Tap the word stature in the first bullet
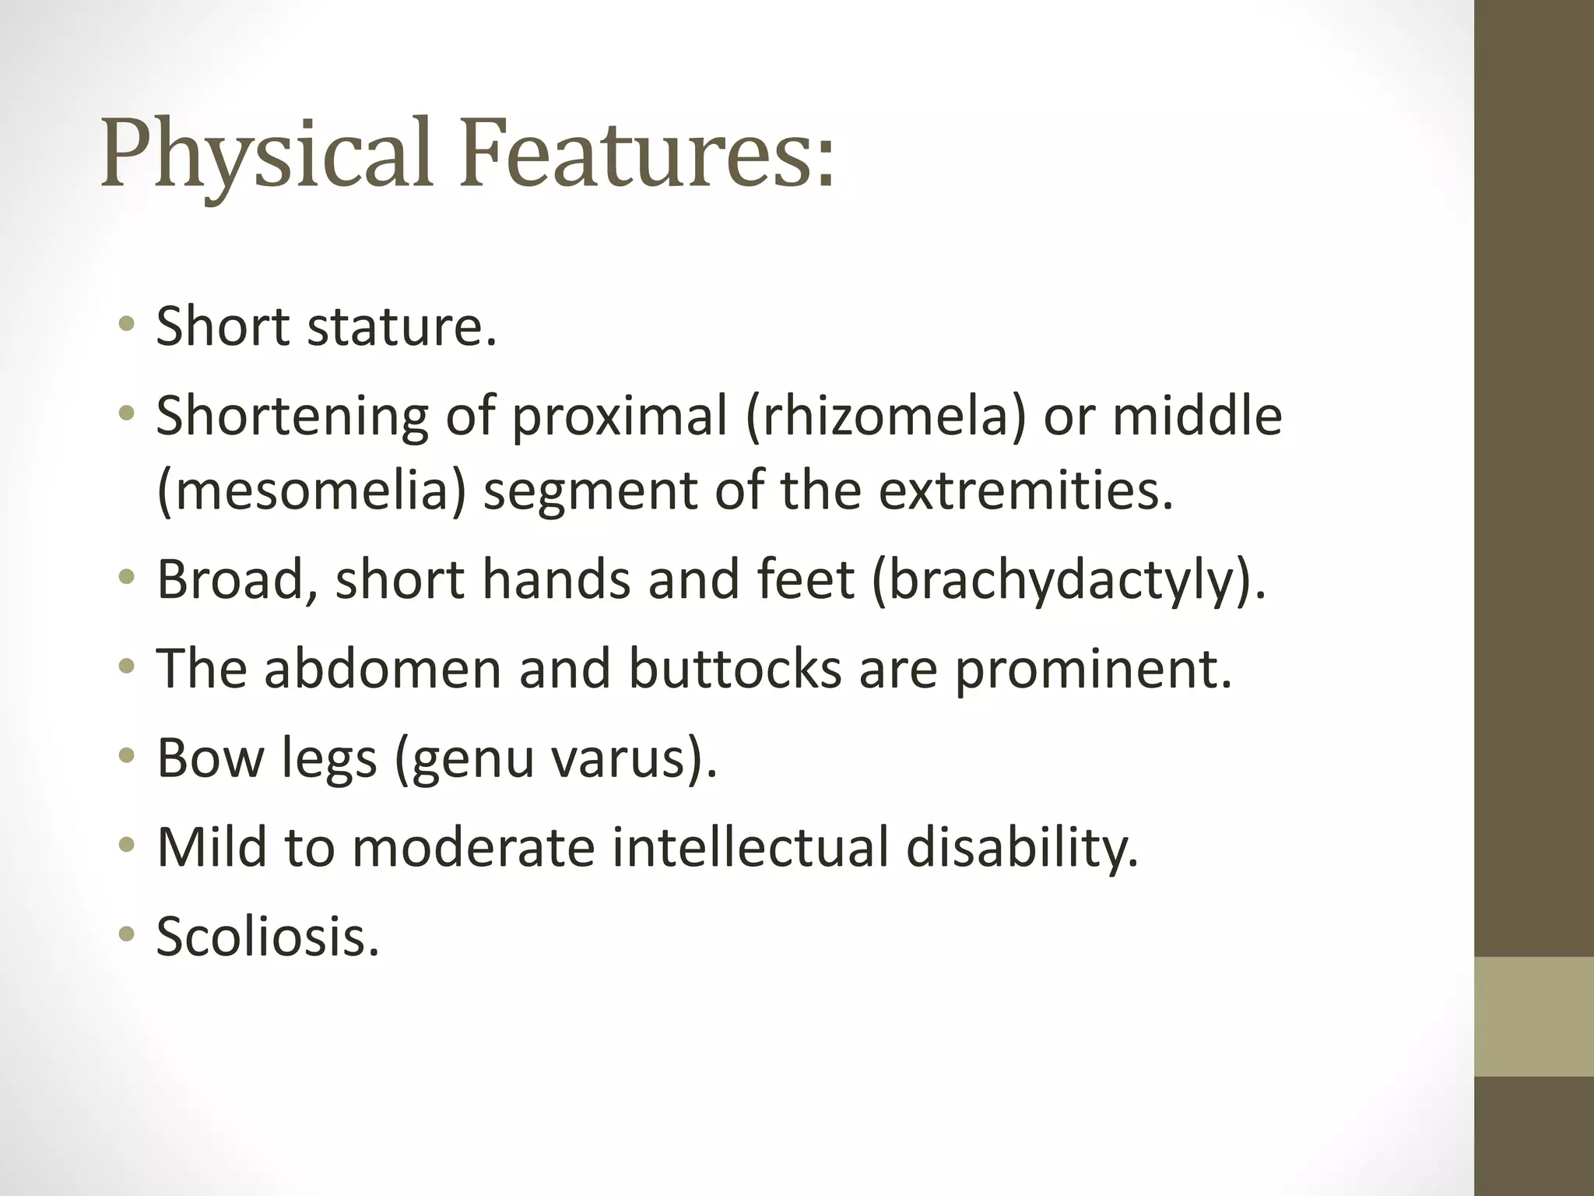pos(402,326)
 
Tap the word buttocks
pos(735,669)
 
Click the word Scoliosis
pos(268,936)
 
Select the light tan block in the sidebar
pos(1533,1016)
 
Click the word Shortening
pos(292,416)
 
